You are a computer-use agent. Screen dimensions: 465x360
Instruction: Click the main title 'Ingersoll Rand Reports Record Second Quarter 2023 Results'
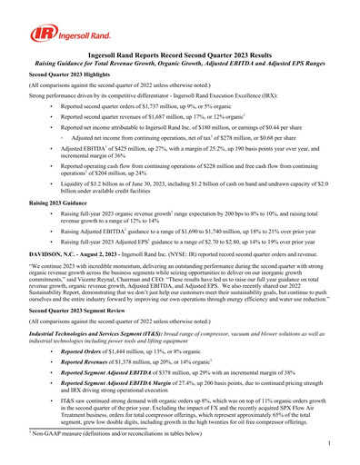tap(180, 55)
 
